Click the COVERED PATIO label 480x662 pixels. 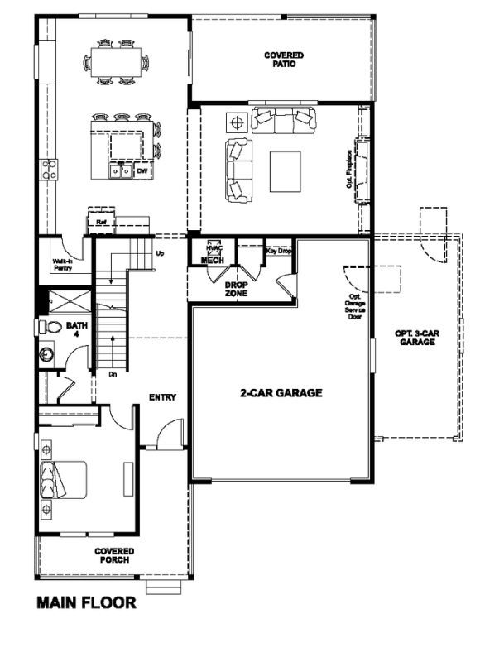(x=283, y=60)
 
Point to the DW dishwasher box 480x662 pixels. (x=142, y=171)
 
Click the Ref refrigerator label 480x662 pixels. (x=101, y=222)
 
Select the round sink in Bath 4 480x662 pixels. (x=46, y=357)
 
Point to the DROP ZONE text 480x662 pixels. (x=237, y=289)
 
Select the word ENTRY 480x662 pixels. (x=163, y=397)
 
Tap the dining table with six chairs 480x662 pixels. (x=116, y=62)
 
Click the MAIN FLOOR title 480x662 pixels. (x=86, y=603)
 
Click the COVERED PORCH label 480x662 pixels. (x=114, y=555)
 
